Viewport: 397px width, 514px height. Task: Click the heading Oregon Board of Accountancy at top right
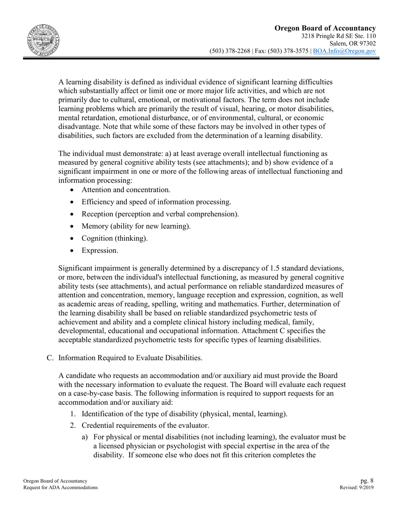pos(325,28)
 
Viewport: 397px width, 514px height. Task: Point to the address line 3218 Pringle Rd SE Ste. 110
pos(338,36)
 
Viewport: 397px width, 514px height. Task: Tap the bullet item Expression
pos(100,250)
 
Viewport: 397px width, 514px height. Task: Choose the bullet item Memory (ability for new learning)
pos(136,226)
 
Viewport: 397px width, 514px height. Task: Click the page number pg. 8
pos(367,481)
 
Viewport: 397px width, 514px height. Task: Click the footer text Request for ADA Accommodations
pos(61,487)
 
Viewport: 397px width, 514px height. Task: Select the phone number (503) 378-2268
pos(229,51)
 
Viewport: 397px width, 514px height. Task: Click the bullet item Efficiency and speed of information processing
pos(156,202)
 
